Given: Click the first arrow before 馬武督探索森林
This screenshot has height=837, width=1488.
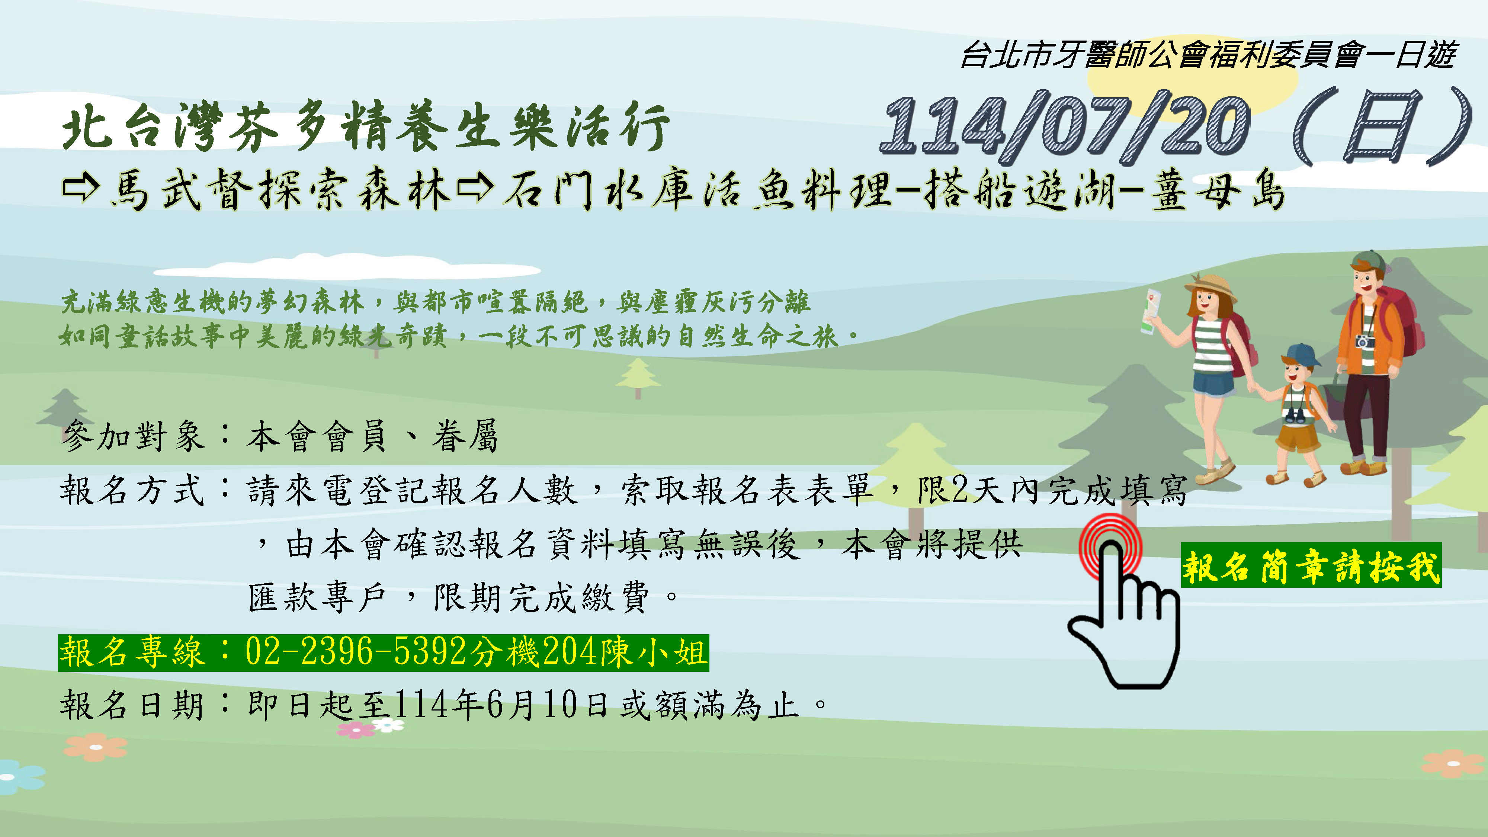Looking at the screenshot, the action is [x=81, y=189].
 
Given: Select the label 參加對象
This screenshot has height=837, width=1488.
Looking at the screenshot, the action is [x=133, y=436].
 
